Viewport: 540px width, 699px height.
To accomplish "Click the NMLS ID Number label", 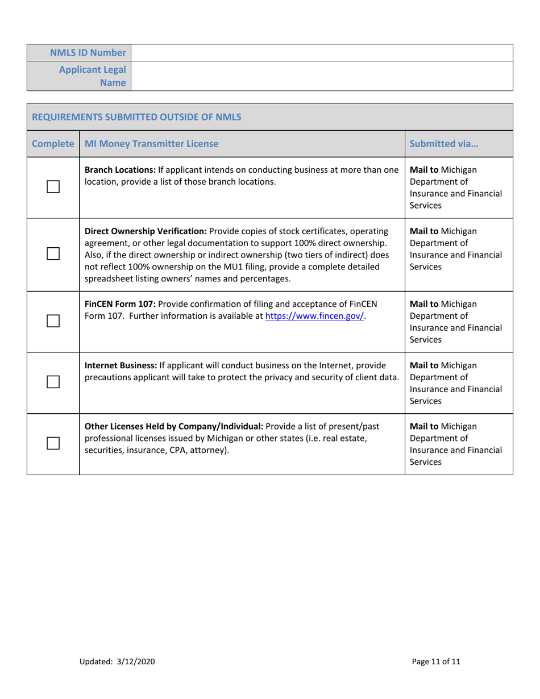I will (88, 53).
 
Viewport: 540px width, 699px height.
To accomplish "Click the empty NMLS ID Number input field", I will (322, 53).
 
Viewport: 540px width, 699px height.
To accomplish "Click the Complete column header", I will (52, 144).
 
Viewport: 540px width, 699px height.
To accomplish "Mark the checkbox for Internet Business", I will (53, 382).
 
